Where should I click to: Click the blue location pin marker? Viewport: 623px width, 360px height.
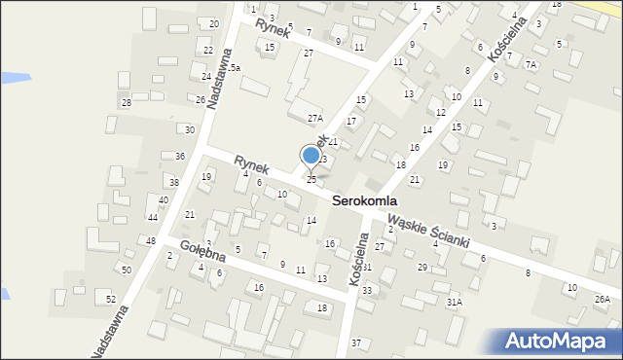pos(311,155)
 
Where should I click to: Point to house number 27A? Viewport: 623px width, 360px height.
pos(314,118)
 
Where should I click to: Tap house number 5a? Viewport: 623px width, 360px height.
pos(235,67)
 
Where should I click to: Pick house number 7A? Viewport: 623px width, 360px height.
pos(531,64)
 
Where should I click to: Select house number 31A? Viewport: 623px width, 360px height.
pos(455,303)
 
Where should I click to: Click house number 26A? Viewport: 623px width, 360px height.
pos(603,299)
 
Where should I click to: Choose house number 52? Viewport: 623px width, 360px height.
pos(111,298)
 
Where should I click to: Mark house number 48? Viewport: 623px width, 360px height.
pos(151,240)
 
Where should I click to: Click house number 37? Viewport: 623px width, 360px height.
pos(356,342)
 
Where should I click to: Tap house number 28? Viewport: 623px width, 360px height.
pos(126,102)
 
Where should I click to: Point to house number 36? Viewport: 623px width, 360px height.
pos(179,156)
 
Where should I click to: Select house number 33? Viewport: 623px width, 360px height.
pos(366,290)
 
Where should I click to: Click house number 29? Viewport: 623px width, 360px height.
pos(421,267)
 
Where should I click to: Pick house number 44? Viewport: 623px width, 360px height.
pos(153,217)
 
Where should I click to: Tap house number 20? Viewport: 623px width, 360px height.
pos(214,23)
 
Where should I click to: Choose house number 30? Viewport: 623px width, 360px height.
pos(190,129)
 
